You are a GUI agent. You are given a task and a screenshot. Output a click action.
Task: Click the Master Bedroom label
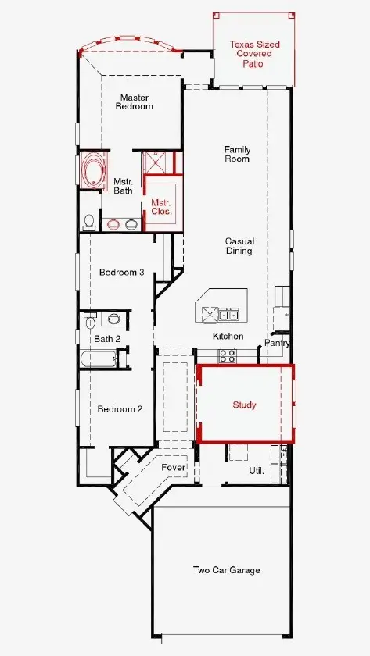coord(135,102)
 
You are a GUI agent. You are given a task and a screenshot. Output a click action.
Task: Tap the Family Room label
coord(237,154)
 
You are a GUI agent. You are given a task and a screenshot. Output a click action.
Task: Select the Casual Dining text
coord(239,246)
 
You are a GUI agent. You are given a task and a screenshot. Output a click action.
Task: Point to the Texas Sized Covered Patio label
coord(254,54)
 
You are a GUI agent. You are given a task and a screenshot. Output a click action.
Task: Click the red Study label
coord(244,405)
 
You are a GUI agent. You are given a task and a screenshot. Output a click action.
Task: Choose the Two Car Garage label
coord(227,570)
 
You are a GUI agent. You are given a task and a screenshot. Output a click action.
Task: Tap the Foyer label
coord(174,468)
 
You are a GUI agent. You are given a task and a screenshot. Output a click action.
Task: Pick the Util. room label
coord(256,472)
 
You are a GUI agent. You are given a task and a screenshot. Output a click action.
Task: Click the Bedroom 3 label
coord(121,273)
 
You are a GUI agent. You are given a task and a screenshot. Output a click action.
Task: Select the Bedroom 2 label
coord(120,409)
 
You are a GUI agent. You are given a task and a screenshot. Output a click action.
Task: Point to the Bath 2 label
coord(107,338)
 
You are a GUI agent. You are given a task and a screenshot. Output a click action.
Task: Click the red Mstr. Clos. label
coord(161,207)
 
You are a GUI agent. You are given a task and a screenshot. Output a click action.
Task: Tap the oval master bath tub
coord(93,171)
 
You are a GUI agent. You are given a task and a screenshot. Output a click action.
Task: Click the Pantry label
coord(277,343)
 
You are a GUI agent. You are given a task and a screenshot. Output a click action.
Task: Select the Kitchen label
coord(228,336)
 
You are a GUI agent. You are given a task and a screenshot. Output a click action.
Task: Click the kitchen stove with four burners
coord(227,355)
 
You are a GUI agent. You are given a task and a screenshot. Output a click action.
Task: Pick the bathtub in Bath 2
coord(98,359)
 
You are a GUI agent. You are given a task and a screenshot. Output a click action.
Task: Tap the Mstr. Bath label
coord(123,186)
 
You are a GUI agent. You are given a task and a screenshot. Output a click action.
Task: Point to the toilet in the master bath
coord(89,222)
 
